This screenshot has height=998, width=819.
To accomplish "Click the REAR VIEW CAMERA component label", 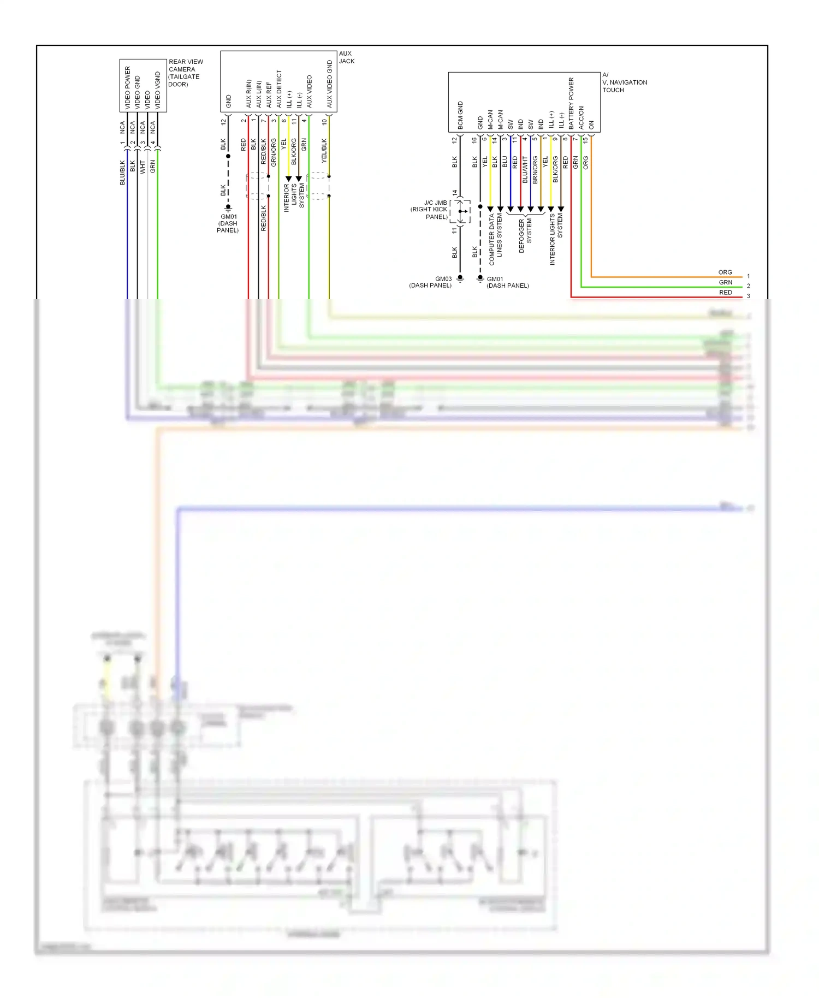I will click(185, 73).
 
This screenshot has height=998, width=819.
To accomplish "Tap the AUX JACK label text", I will click(346, 57).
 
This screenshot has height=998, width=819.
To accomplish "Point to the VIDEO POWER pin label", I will click(127, 88).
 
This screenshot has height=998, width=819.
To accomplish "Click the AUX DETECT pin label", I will click(279, 88).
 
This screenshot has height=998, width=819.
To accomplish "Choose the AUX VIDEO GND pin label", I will click(329, 84).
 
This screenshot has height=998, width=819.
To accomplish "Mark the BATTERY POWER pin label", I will click(571, 103).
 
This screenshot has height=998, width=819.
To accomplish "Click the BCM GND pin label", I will click(460, 115).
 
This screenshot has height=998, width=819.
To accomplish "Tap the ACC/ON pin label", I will click(581, 117).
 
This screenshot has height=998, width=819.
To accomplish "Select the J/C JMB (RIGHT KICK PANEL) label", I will click(430, 210).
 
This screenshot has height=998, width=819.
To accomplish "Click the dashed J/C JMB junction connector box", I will click(460, 211).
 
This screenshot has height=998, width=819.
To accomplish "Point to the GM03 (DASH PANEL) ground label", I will click(431, 282).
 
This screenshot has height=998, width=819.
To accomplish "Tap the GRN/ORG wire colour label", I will click(274, 152).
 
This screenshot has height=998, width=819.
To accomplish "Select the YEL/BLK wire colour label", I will click(324, 150).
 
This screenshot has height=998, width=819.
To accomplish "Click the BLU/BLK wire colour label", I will click(122, 172).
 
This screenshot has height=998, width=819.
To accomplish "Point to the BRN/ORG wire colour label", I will click(535, 169).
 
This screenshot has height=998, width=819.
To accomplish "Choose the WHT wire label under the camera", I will click(143, 167).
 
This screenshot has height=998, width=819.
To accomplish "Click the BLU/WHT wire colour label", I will click(525, 169).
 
